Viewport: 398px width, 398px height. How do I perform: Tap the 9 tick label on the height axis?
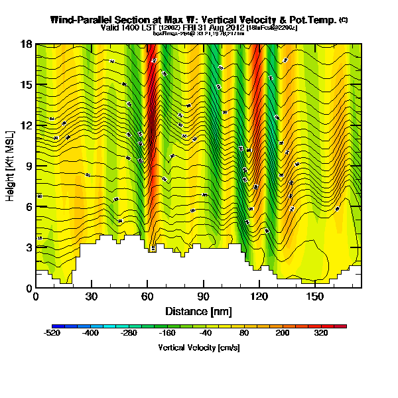(x=30, y=166)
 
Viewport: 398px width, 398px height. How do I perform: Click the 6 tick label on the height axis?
(x=30, y=206)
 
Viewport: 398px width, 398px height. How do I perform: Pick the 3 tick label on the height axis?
(x=30, y=247)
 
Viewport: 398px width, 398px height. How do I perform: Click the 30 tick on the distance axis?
(x=92, y=296)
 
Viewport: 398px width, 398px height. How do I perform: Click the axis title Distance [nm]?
(x=198, y=310)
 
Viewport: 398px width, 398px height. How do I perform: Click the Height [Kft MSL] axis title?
(x=11, y=166)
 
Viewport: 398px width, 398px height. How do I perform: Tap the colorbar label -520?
(x=52, y=334)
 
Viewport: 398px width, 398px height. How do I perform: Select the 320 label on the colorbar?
(x=320, y=334)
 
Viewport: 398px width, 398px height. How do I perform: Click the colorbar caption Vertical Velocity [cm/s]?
(x=198, y=347)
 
